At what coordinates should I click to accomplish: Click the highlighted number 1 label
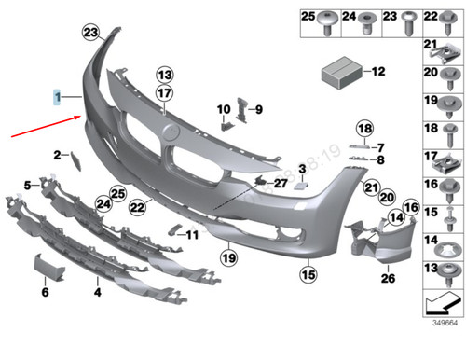[x=56, y=96]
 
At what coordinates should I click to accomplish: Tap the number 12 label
[x=378, y=71]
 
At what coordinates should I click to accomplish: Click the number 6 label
[x=44, y=292]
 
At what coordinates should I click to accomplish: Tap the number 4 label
[x=97, y=292]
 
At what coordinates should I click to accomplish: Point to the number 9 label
[x=259, y=109]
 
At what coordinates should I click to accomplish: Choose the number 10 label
[x=224, y=109]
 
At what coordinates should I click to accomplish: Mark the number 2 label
[x=56, y=154]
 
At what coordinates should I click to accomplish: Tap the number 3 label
[x=302, y=169]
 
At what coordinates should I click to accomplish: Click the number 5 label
[x=28, y=184]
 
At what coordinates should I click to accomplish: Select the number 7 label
[x=380, y=146]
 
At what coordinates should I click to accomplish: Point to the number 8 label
[x=380, y=159]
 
